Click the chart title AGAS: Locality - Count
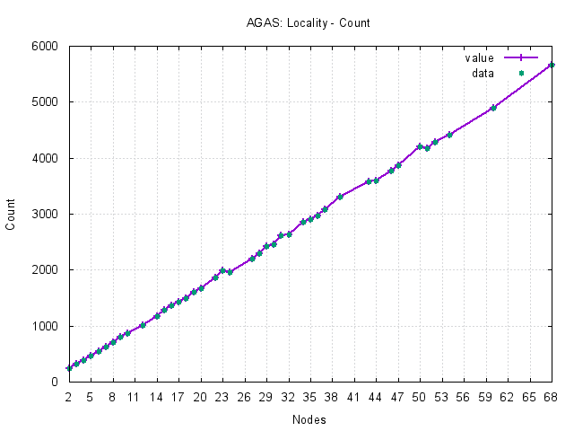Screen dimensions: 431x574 point(295,22)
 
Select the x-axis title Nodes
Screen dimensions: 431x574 point(309,419)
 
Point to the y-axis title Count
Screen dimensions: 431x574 point(11,214)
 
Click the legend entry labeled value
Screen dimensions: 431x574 point(479,58)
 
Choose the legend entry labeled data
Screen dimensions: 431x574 point(483,73)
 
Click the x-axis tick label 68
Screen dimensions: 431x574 point(551,395)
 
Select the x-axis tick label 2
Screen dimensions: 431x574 point(68,395)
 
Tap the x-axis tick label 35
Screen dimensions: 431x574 point(309,395)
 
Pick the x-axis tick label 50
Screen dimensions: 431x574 point(420,395)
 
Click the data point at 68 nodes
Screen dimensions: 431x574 point(551,65)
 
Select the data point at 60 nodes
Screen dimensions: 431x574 point(492,108)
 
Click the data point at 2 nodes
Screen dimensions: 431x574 point(68,368)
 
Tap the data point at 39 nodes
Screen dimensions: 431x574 point(339,197)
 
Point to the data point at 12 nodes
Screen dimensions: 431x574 point(142,325)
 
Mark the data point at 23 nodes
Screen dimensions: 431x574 point(222,270)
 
